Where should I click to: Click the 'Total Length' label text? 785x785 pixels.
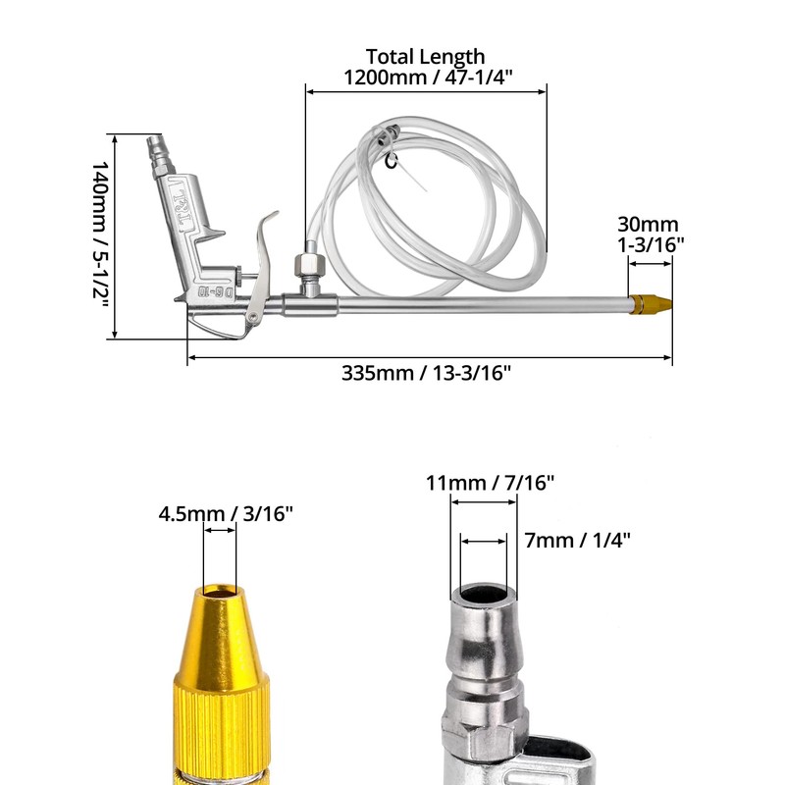pos(425,57)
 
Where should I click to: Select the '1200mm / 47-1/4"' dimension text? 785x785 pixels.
pos(425,77)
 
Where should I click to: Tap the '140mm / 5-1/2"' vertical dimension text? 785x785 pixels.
pos(100,235)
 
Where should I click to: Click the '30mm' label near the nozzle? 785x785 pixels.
pos(648,225)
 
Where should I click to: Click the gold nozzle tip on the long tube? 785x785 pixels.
pos(652,303)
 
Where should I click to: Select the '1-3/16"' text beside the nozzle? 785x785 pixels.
pos(648,245)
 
